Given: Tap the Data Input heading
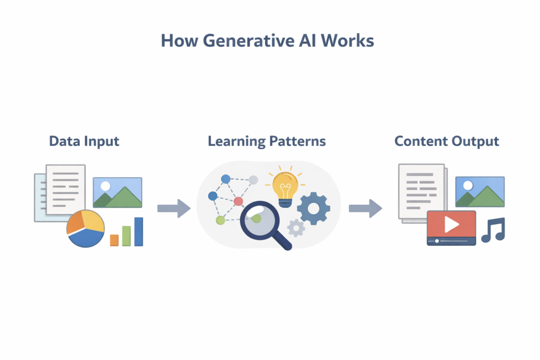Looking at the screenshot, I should [x=84, y=141].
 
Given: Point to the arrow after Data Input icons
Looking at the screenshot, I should [x=174, y=208].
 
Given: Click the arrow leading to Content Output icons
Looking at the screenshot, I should [x=365, y=208].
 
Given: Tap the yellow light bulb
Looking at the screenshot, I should [x=285, y=186].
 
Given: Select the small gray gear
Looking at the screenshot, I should [x=296, y=228].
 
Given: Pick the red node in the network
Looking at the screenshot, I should [x=238, y=201].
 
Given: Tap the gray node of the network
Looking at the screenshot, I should [x=253, y=180].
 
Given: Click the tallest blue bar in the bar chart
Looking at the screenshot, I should [x=139, y=232].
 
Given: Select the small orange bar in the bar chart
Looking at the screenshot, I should [x=114, y=240].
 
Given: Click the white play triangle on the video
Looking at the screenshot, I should [x=451, y=225].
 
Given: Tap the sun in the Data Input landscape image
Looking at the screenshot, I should [x=105, y=186].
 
